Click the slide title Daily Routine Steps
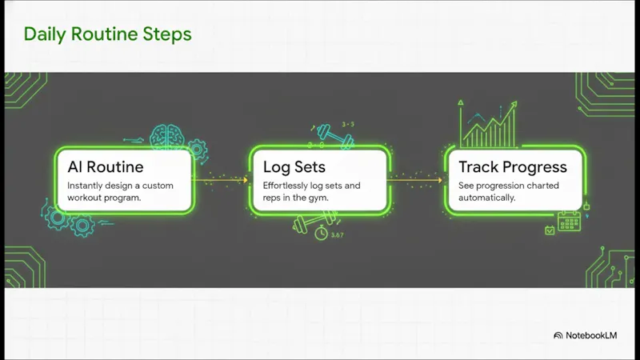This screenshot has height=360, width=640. click(108, 34)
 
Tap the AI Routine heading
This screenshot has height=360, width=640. click(106, 167)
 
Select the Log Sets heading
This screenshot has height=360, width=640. click(294, 167)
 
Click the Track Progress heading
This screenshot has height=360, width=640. click(513, 167)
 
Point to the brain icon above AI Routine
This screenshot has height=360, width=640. click(167, 136)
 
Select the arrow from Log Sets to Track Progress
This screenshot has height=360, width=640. click(414, 179)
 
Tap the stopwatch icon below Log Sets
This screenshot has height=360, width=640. click(322, 233)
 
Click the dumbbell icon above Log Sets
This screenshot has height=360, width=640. click(335, 136)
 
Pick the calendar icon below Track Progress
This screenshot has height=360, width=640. click(569, 221)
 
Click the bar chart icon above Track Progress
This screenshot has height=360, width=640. click(488, 124)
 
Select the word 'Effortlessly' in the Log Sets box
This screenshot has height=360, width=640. click(286, 186)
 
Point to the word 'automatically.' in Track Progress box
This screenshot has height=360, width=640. click(486, 198)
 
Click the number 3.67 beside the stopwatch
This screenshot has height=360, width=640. click(337, 234)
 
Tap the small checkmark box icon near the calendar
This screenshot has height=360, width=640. click(550, 230)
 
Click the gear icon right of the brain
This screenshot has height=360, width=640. click(198, 150)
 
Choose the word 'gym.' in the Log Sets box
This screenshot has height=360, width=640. click(318, 198)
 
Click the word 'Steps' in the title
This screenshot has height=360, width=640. click(167, 34)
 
